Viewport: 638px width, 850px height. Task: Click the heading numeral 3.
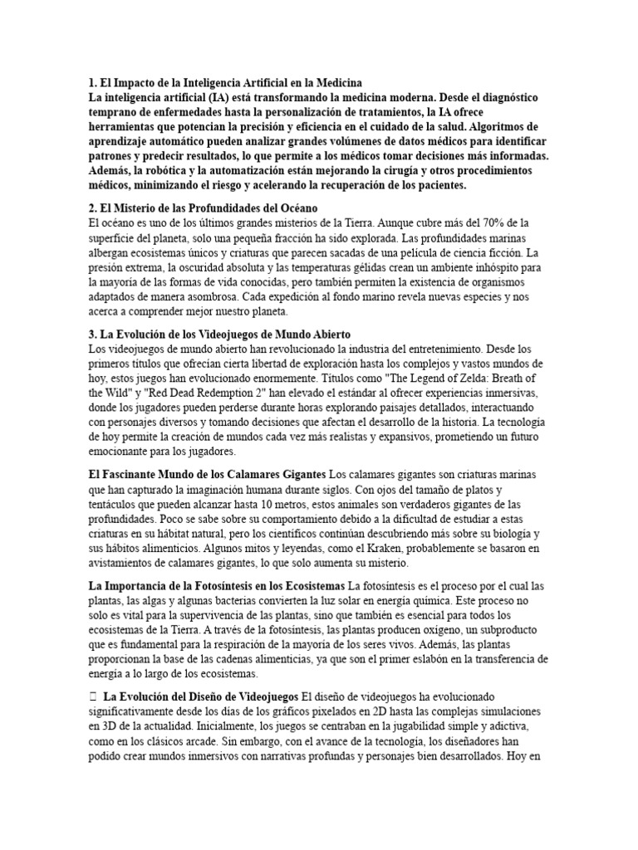(x=92, y=335)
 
